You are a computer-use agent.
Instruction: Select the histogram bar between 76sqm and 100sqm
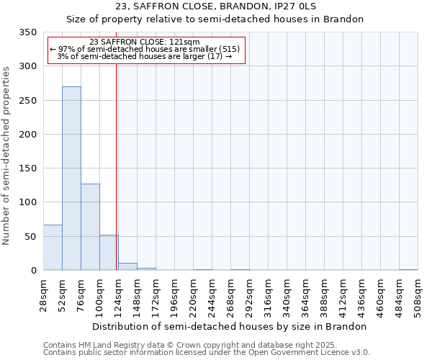point(90,227)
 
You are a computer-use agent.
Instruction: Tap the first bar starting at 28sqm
point(53,248)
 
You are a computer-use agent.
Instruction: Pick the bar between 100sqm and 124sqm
point(109,253)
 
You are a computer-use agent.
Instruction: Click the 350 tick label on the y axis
point(28,32)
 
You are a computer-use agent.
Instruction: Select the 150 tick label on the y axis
point(28,168)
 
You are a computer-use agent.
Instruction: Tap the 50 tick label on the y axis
point(31,237)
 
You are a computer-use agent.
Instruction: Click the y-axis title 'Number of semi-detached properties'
point(6,155)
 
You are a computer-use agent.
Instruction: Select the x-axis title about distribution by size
point(230,326)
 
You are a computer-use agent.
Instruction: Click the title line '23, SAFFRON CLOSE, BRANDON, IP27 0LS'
point(215,6)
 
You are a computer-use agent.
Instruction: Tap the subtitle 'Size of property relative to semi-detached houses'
point(215,19)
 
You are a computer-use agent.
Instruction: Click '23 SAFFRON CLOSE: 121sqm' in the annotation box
point(146,42)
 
